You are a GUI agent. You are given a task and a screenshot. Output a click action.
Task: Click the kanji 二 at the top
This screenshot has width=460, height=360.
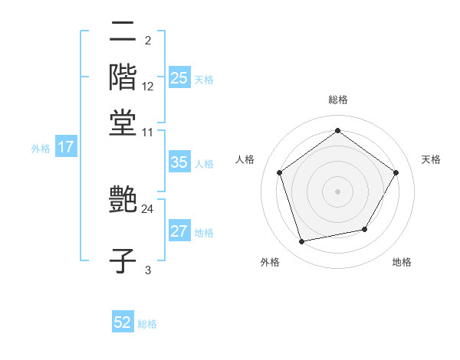coord(123,31)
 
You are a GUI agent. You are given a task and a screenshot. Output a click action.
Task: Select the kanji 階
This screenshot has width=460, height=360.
coord(123,77)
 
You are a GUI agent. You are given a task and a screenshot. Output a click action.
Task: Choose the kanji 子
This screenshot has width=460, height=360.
coord(123,260)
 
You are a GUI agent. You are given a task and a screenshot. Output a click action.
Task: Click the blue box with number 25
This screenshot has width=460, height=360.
coord(179,78)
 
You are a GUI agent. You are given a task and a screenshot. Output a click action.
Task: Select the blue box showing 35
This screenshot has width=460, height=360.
coord(179,162)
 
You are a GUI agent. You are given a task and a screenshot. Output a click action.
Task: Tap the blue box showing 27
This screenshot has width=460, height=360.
coord(179,232)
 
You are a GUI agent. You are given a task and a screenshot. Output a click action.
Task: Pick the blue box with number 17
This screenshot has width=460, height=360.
coord(65,147)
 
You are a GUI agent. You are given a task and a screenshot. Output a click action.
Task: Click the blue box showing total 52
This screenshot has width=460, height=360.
coord(123,322)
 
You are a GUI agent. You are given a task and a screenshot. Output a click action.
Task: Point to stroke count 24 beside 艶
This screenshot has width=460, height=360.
coord(148,208)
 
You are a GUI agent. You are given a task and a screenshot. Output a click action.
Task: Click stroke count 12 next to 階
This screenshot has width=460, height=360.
coord(148,86)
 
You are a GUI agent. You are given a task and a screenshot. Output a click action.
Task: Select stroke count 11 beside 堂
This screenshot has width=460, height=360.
coord(148,132)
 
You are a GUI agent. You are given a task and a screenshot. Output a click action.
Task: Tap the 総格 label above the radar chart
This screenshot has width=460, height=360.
coord(337,100)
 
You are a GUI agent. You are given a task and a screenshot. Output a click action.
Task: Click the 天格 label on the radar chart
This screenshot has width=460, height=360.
coord(431,159)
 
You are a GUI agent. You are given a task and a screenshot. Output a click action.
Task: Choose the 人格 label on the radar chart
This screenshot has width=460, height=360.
coord(245,159)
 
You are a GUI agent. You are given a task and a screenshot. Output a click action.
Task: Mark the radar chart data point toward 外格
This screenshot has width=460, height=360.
coord(302,242)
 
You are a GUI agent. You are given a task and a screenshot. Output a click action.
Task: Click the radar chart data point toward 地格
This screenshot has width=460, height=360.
coord(365,229)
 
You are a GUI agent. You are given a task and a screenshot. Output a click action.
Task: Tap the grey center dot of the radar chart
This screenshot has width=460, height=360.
coord(337,191)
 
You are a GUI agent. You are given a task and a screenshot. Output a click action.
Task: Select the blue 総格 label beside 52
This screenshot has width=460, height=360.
coord(147,324)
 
